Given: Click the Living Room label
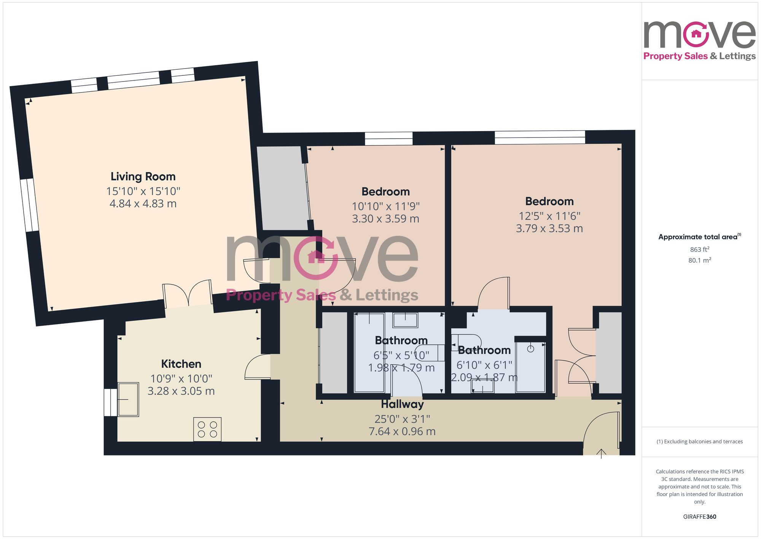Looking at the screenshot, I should [143, 176].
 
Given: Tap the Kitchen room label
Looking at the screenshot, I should [181, 364].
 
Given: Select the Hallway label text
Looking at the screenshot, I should [402, 404].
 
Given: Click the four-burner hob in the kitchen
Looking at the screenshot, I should [207, 429].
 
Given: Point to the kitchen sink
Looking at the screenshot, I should [128, 400].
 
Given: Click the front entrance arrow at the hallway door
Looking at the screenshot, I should [601, 453].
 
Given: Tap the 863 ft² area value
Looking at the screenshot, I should [699, 250].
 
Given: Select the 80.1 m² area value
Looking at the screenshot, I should [699, 261].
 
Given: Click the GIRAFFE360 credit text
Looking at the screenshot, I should [699, 517].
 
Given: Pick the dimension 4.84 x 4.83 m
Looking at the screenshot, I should [143, 203].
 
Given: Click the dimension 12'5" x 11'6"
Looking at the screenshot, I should [549, 216].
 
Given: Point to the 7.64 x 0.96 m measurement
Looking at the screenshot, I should [402, 431].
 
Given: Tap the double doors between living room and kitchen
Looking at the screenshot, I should [188, 295].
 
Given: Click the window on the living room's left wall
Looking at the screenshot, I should [30, 205].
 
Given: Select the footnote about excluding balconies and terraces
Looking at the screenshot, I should [699, 441].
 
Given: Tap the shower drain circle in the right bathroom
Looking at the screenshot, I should [531, 349].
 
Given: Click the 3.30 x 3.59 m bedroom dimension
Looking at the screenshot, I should [385, 219].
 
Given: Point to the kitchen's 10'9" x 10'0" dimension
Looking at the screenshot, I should [181, 379].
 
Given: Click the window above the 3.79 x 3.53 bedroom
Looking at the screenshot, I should [540, 138].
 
